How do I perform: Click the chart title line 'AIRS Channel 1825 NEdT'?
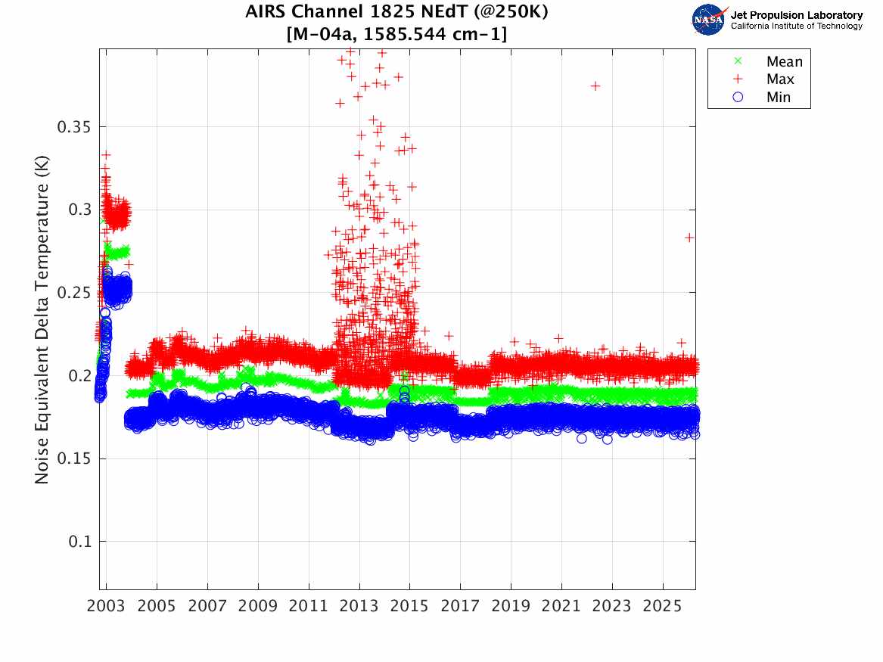pos(396,13)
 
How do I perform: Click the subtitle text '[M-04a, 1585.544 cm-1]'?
pos(396,34)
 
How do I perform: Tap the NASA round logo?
pos(709,20)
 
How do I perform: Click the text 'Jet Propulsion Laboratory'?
pos(796,15)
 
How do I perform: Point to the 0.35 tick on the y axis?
pos(74,126)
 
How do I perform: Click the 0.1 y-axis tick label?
pos(79,542)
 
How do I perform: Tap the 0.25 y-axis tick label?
pos(74,293)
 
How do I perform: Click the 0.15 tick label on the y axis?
pos(74,459)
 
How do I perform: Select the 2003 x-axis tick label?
pos(107,608)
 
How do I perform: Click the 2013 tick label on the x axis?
pos(359,608)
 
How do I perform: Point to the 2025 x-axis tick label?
pos(663,608)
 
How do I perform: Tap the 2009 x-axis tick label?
pos(258,608)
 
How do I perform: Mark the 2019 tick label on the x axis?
pos(511,608)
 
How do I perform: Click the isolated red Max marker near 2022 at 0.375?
pos(595,86)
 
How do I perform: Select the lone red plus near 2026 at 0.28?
pos(689,238)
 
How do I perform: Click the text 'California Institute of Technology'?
pos(796,26)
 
